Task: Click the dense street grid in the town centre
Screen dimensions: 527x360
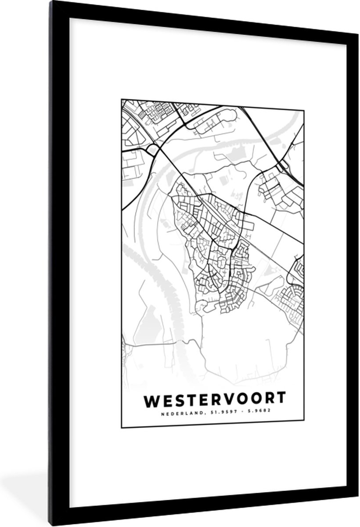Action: pos(215,246)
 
